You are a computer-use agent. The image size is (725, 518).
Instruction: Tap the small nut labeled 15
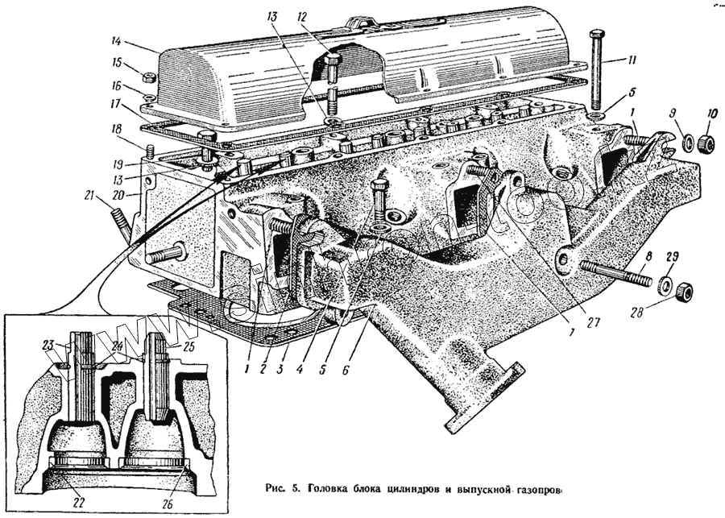(150, 77)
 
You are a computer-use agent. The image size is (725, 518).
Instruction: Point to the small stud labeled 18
(150, 151)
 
